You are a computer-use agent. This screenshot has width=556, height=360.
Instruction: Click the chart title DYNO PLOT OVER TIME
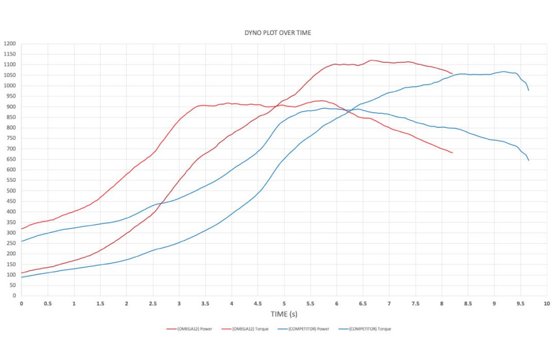tap(277, 32)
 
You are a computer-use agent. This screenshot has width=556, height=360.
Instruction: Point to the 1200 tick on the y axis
tap(10, 44)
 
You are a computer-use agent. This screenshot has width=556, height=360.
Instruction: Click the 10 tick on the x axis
tap(547, 303)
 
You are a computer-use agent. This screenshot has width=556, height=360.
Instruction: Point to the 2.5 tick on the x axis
tap(152, 303)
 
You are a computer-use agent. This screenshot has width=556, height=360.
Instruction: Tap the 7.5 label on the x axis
tap(415, 303)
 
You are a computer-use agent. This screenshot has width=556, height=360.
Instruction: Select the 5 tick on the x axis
tap(284, 303)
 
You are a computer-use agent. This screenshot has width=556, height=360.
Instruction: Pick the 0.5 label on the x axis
tap(47, 303)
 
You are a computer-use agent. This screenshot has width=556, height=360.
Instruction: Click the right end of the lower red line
tap(452, 153)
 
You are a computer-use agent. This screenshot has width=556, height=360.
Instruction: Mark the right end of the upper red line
tap(452, 74)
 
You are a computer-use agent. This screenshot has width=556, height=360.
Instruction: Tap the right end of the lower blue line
tap(529, 160)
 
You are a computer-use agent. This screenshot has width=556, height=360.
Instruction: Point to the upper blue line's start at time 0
tap(22, 241)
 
